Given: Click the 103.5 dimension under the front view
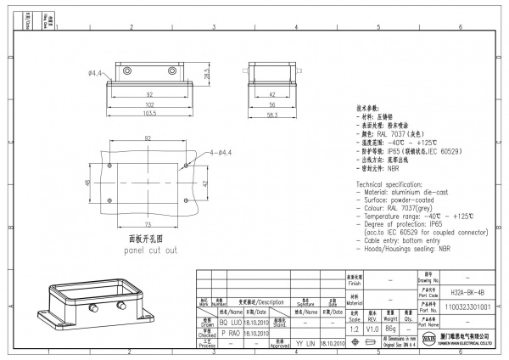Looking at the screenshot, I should tap(148, 112).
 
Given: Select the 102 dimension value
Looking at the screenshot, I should tap(148, 104).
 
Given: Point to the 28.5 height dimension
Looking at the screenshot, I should tap(207, 75).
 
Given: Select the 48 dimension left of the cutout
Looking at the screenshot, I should tap(88, 183).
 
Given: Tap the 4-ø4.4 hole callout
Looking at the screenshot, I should tap(220, 152).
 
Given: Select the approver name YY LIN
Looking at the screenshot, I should tap(305, 343).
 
